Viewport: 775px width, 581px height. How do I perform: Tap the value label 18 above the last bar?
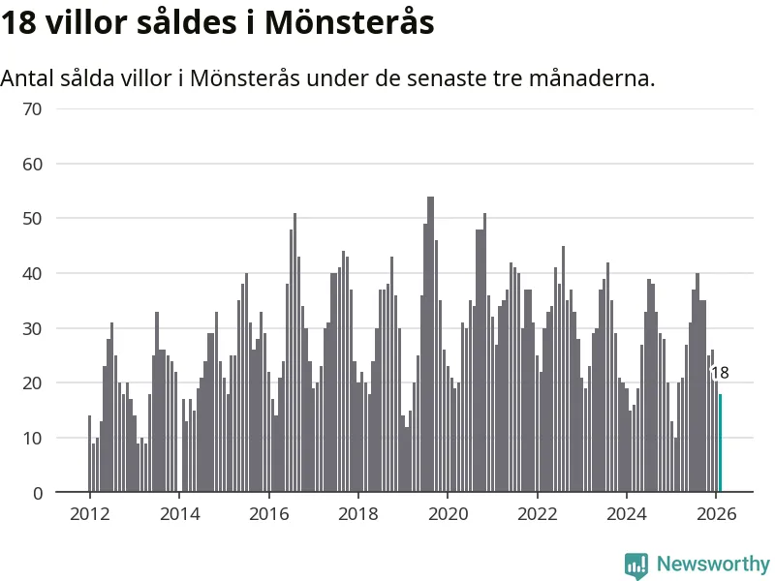pyautogui.click(x=720, y=373)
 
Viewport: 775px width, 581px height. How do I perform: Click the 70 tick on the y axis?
pyautogui.click(x=33, y=108)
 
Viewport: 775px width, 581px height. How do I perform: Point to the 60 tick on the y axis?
pyautogui.click(x=33, y=164)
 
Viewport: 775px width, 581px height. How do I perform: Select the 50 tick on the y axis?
pyautogui.click(x=33, y=219)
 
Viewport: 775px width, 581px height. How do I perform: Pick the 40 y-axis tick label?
pyautogui.click(x=33, y=274)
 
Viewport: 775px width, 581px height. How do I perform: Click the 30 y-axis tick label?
pyautogui.click(x=33, y=328)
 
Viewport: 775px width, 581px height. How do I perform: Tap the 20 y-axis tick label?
pyautogui.click(x=33, y=383)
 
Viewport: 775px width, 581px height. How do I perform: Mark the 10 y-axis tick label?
pyautogui.click(x=33, y=439)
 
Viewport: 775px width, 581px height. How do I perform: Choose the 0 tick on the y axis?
pyautogui.click(x=38, y=493)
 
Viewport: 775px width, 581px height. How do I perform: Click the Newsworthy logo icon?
pyautogui.click(x=636, y=565)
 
